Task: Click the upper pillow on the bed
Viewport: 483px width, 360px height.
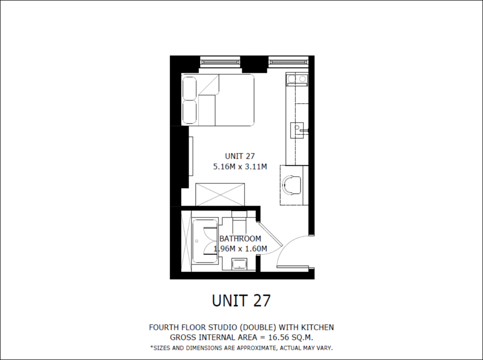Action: [x=190, y=88]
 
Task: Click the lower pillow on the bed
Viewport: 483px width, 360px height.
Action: [x=190, y=112]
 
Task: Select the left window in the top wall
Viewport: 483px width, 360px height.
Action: [x=220, y=62]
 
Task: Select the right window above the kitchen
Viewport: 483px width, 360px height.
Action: [x=288, y=62]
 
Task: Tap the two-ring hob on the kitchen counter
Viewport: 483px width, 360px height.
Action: [x=297, y=79]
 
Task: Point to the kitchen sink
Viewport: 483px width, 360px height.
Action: [x=297, y=130]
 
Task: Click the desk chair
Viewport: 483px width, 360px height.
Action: [x=291, y=185]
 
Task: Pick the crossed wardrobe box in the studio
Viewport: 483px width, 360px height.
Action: [x=220, y=194]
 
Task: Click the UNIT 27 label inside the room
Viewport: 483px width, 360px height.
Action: [x=240, y=156]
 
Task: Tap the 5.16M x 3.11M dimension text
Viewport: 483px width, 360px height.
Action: [x=240, y=167]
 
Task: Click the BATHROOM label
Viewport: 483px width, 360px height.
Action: [x=240, y=239]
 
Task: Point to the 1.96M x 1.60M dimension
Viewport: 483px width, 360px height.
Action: [x=240, y=249]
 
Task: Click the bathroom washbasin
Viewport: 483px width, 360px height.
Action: [x=239, y=265]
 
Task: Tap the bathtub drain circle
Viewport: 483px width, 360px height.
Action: [x=197, y=241]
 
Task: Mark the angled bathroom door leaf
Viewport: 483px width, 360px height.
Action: [x=270, y=234]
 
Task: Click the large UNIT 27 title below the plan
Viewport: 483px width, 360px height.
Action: [x=241, y=301]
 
